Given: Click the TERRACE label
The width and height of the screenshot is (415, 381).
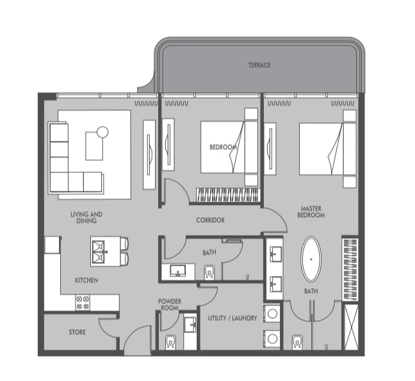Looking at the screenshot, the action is pos(259,65).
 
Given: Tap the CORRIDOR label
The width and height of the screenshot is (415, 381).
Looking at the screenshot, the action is pos(210,220).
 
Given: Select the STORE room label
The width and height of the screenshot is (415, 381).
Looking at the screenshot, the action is pos(77,332).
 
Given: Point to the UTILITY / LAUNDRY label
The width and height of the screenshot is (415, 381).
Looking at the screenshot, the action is pos(232,318).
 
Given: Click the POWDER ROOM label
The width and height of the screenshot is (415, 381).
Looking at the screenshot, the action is pos(170,305).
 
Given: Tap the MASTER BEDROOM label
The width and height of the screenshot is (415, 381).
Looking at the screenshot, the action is pos(311,212).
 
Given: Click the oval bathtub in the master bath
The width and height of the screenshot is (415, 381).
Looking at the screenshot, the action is pos(311,259).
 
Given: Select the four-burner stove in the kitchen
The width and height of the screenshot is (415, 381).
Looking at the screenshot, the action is pos(83,303).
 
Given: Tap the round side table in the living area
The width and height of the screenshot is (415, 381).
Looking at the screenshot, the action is pos(102,132).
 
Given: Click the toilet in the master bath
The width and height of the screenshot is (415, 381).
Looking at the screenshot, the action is pos(297,343).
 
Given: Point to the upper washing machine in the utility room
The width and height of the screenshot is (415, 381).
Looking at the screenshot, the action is pos(272,314).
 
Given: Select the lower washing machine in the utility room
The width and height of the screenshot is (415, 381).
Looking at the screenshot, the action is pos(272,338).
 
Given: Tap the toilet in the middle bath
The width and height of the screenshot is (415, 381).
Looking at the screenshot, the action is pos(209,272).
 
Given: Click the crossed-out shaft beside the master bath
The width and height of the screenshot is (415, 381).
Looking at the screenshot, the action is pos(351,327).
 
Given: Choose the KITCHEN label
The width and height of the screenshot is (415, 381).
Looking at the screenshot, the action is pos(86,280).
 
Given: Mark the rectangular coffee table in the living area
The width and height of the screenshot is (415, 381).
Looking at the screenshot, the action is pos(94,146).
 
